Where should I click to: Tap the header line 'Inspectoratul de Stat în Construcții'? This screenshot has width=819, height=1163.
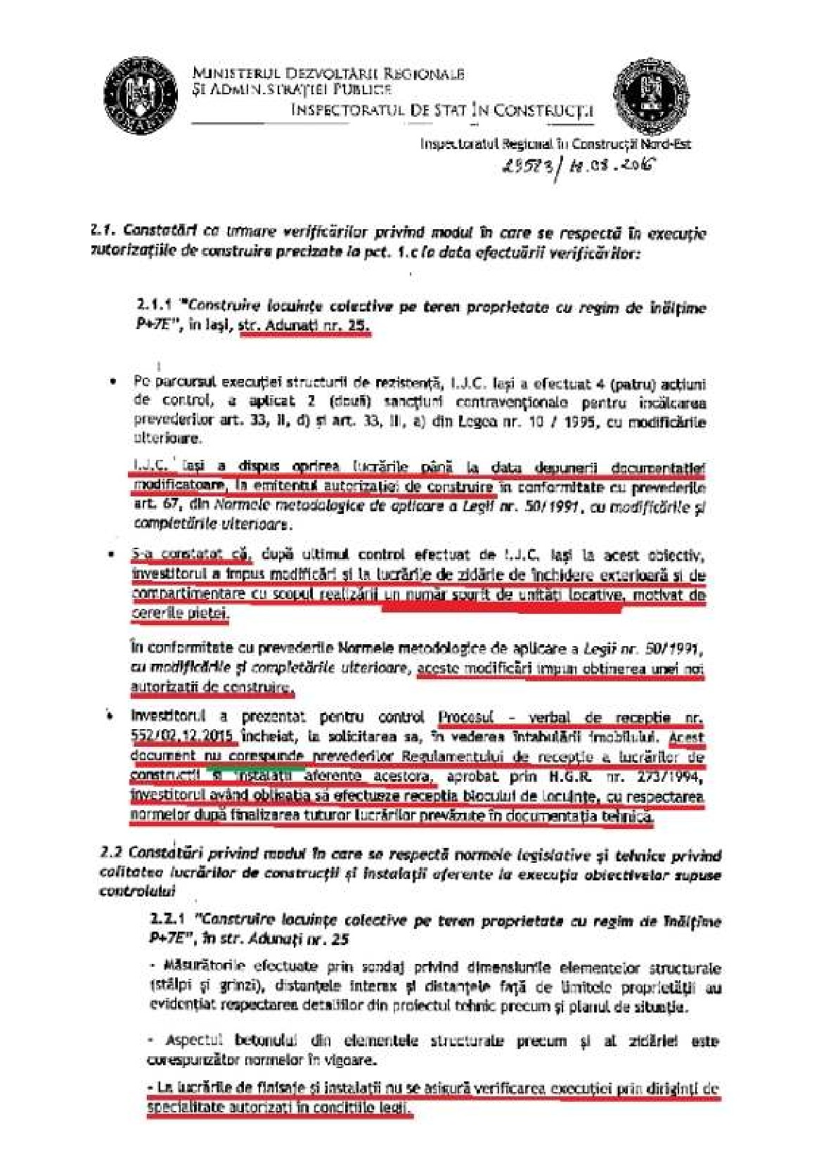pyautogui.click(x=441, y=110)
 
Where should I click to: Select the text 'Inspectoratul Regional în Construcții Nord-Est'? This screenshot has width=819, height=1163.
pyautogui.click(x=555, y=144)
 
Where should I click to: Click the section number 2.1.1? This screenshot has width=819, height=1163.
pyautogui.click(x=155, y=307)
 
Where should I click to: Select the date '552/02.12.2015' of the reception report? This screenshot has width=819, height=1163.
pyautogui.click(x=181, y=738)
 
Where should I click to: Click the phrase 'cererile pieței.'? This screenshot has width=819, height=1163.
pyautogui.click(x=180, y=613)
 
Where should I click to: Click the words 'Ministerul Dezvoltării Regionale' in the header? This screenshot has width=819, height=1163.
pyautogui.click(x=328, y=74)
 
